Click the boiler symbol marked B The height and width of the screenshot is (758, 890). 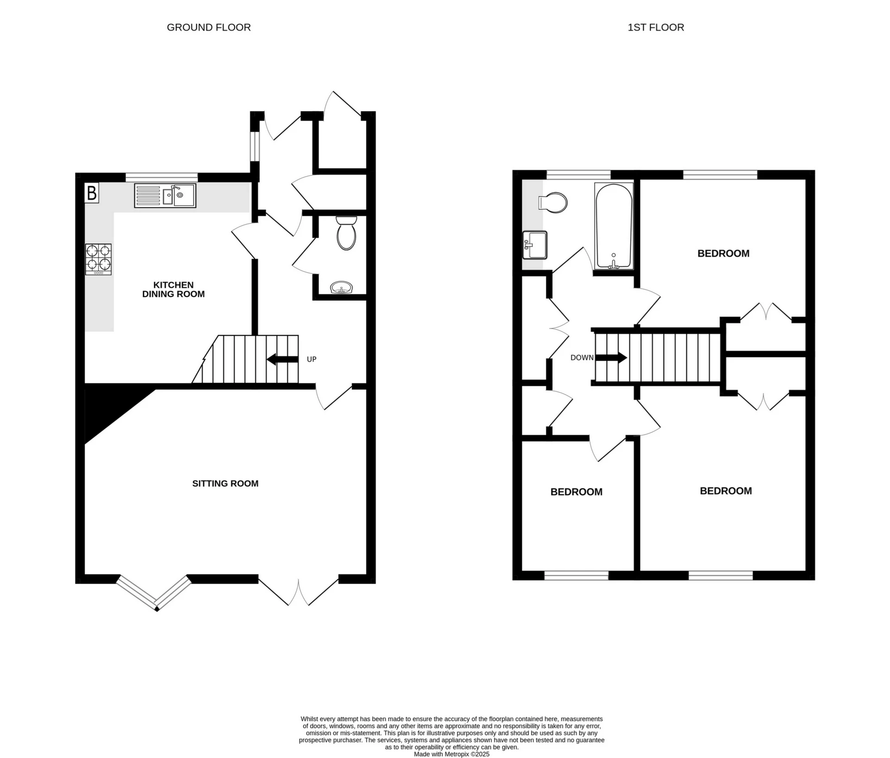(92, 193)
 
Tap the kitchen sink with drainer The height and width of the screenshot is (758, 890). (165, 196)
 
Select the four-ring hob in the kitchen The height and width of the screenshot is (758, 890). (98, 259)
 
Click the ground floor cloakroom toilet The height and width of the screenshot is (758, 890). (346, 233)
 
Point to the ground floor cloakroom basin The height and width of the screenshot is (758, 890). (342, 288)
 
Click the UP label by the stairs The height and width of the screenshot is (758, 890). (311, 359)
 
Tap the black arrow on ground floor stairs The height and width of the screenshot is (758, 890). (282, 359)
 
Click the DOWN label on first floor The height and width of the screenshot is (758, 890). (582, 358)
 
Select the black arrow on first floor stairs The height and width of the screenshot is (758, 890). (611, 358)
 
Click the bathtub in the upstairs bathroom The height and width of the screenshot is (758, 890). (614, 226)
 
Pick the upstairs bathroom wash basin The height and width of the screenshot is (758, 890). (535, 245)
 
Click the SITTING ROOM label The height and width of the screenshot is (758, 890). (225, 483)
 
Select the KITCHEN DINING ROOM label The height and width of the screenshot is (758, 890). (173, 290)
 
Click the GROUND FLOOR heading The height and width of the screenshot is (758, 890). (209, 27)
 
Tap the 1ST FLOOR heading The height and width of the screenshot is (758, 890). (655, 27)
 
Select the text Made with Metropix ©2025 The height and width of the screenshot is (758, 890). (451, 754)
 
